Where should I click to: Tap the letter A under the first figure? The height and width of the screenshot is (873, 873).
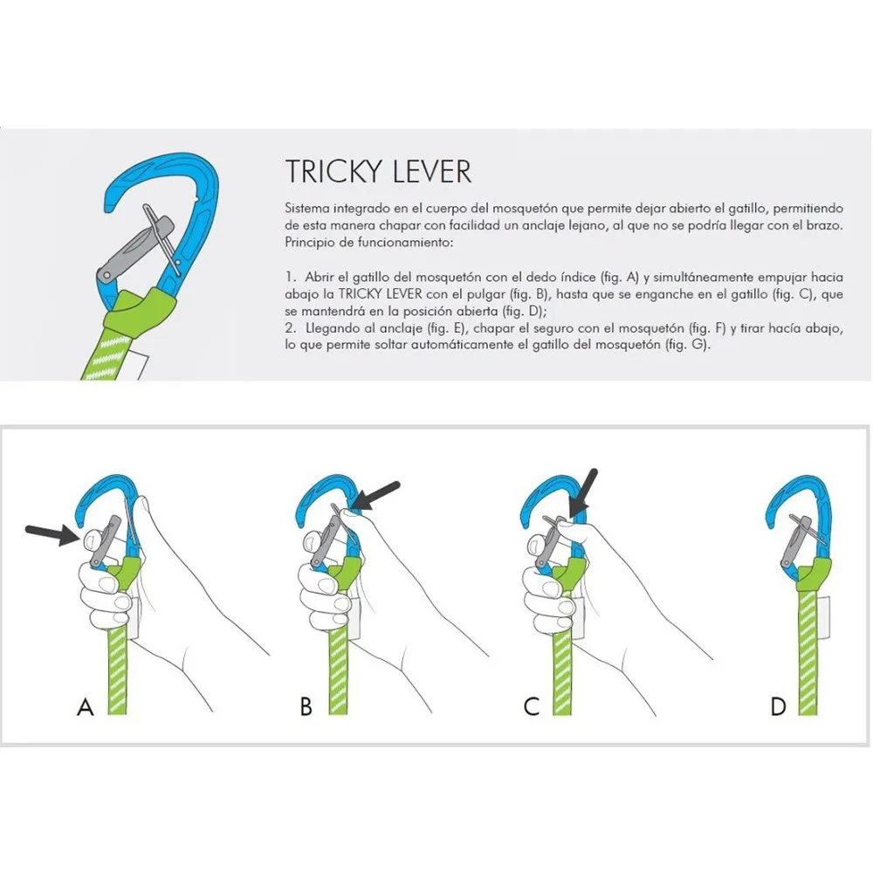pos(86,706)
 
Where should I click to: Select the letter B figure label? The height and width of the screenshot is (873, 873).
pos(306,706)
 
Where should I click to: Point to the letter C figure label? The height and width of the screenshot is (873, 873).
pos(532,706)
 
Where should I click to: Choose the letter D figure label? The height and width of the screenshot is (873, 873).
pos(779,706)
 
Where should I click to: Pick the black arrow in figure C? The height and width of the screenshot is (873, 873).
pos(582,493)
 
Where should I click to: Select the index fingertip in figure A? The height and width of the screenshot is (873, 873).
pos(91,540)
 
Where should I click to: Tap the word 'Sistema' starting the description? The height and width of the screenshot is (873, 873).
pos(308,209)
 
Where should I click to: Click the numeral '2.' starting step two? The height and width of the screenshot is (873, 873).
pos(290,328)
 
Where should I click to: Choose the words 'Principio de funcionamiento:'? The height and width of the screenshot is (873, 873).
pos(369,242)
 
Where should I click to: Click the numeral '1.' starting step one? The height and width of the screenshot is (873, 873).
pos(290,278)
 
